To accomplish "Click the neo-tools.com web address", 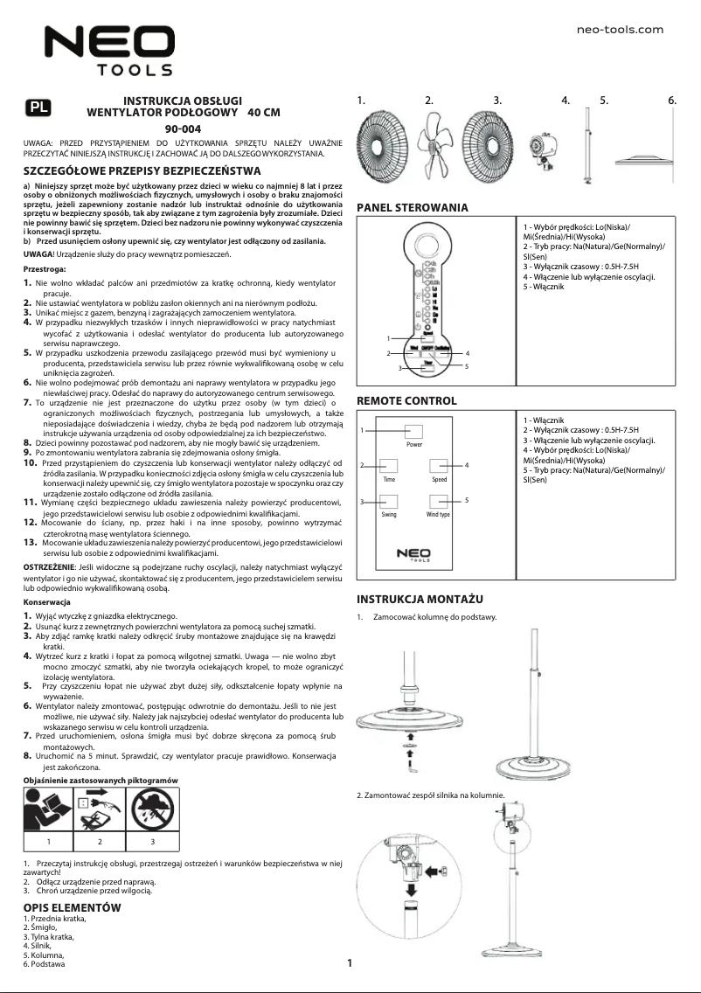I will click(621, 30).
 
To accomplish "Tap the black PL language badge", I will click(38, 108).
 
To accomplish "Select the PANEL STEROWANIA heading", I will click(413, 208).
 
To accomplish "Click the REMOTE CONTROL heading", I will click(406, 401).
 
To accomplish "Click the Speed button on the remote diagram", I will click(439, 467).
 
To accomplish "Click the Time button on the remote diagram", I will click(389, 467).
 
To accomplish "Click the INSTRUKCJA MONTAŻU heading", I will click(420, 600).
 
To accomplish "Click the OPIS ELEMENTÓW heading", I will click(72, 908).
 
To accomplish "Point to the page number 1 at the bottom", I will click(350, 964).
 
